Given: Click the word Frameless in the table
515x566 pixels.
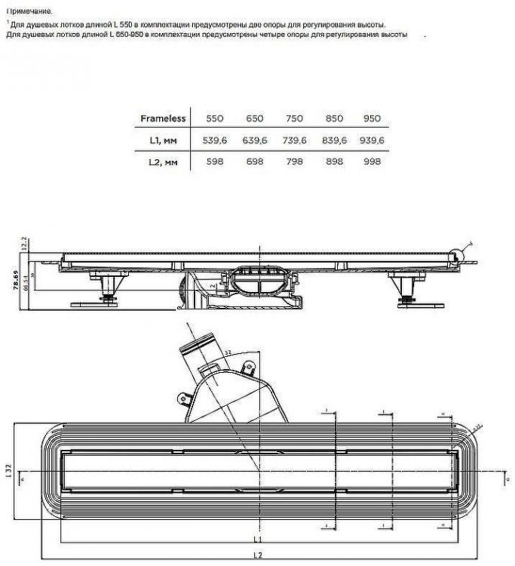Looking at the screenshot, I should coord(163,118).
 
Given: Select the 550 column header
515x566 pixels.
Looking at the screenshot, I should coord(215,118).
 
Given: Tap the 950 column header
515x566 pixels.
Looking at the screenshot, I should coord(372,118).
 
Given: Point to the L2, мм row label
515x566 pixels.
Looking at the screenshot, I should coord(163,162).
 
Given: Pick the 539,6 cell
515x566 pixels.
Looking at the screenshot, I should coord(215,140).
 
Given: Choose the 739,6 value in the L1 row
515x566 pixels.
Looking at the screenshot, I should coord(293,140).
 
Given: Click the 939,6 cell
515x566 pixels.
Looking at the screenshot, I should coord(372,140).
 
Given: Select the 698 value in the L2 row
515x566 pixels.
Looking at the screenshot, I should coord(255,162).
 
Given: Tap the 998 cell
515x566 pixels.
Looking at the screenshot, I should coord(372,162).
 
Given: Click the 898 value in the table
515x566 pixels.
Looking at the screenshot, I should coord(333,162).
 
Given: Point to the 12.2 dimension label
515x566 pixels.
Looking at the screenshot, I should coord(24,244).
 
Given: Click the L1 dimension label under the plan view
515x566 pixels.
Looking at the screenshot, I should coord(257,540).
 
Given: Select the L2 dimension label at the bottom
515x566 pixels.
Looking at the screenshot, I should coord(257,555).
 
